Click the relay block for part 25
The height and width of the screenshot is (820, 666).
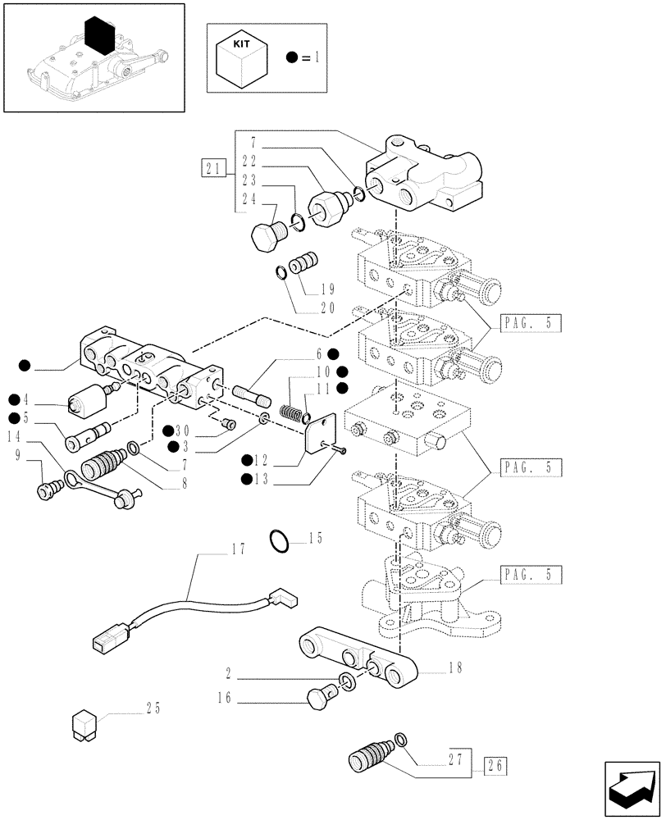86,722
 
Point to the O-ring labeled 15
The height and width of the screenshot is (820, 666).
279,540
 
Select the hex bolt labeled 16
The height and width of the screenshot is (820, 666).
319,699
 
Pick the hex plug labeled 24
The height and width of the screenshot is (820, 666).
264,236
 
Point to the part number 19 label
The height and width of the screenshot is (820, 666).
328,289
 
